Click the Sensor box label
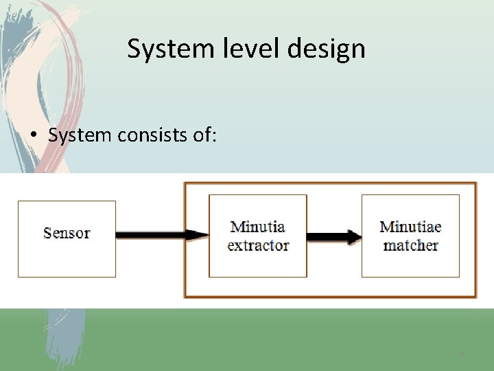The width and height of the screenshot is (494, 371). coord(67,233)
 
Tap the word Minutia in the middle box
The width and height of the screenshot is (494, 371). coord(257,227)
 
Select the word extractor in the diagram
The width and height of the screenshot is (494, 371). coord(258,245)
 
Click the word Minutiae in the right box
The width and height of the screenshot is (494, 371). coord(410,227)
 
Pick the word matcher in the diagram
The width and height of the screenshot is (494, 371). coord(410,245)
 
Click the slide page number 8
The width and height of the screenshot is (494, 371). coord(462,354)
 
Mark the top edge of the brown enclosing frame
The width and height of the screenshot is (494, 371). coord(329,183)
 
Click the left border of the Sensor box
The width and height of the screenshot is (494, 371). coord(18,238)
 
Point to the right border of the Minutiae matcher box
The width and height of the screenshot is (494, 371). coord(459,236)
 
